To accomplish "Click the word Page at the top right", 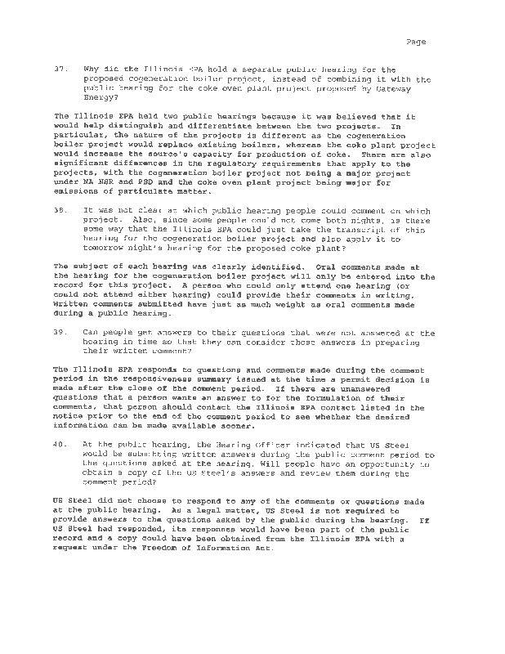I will coord(415,43).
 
